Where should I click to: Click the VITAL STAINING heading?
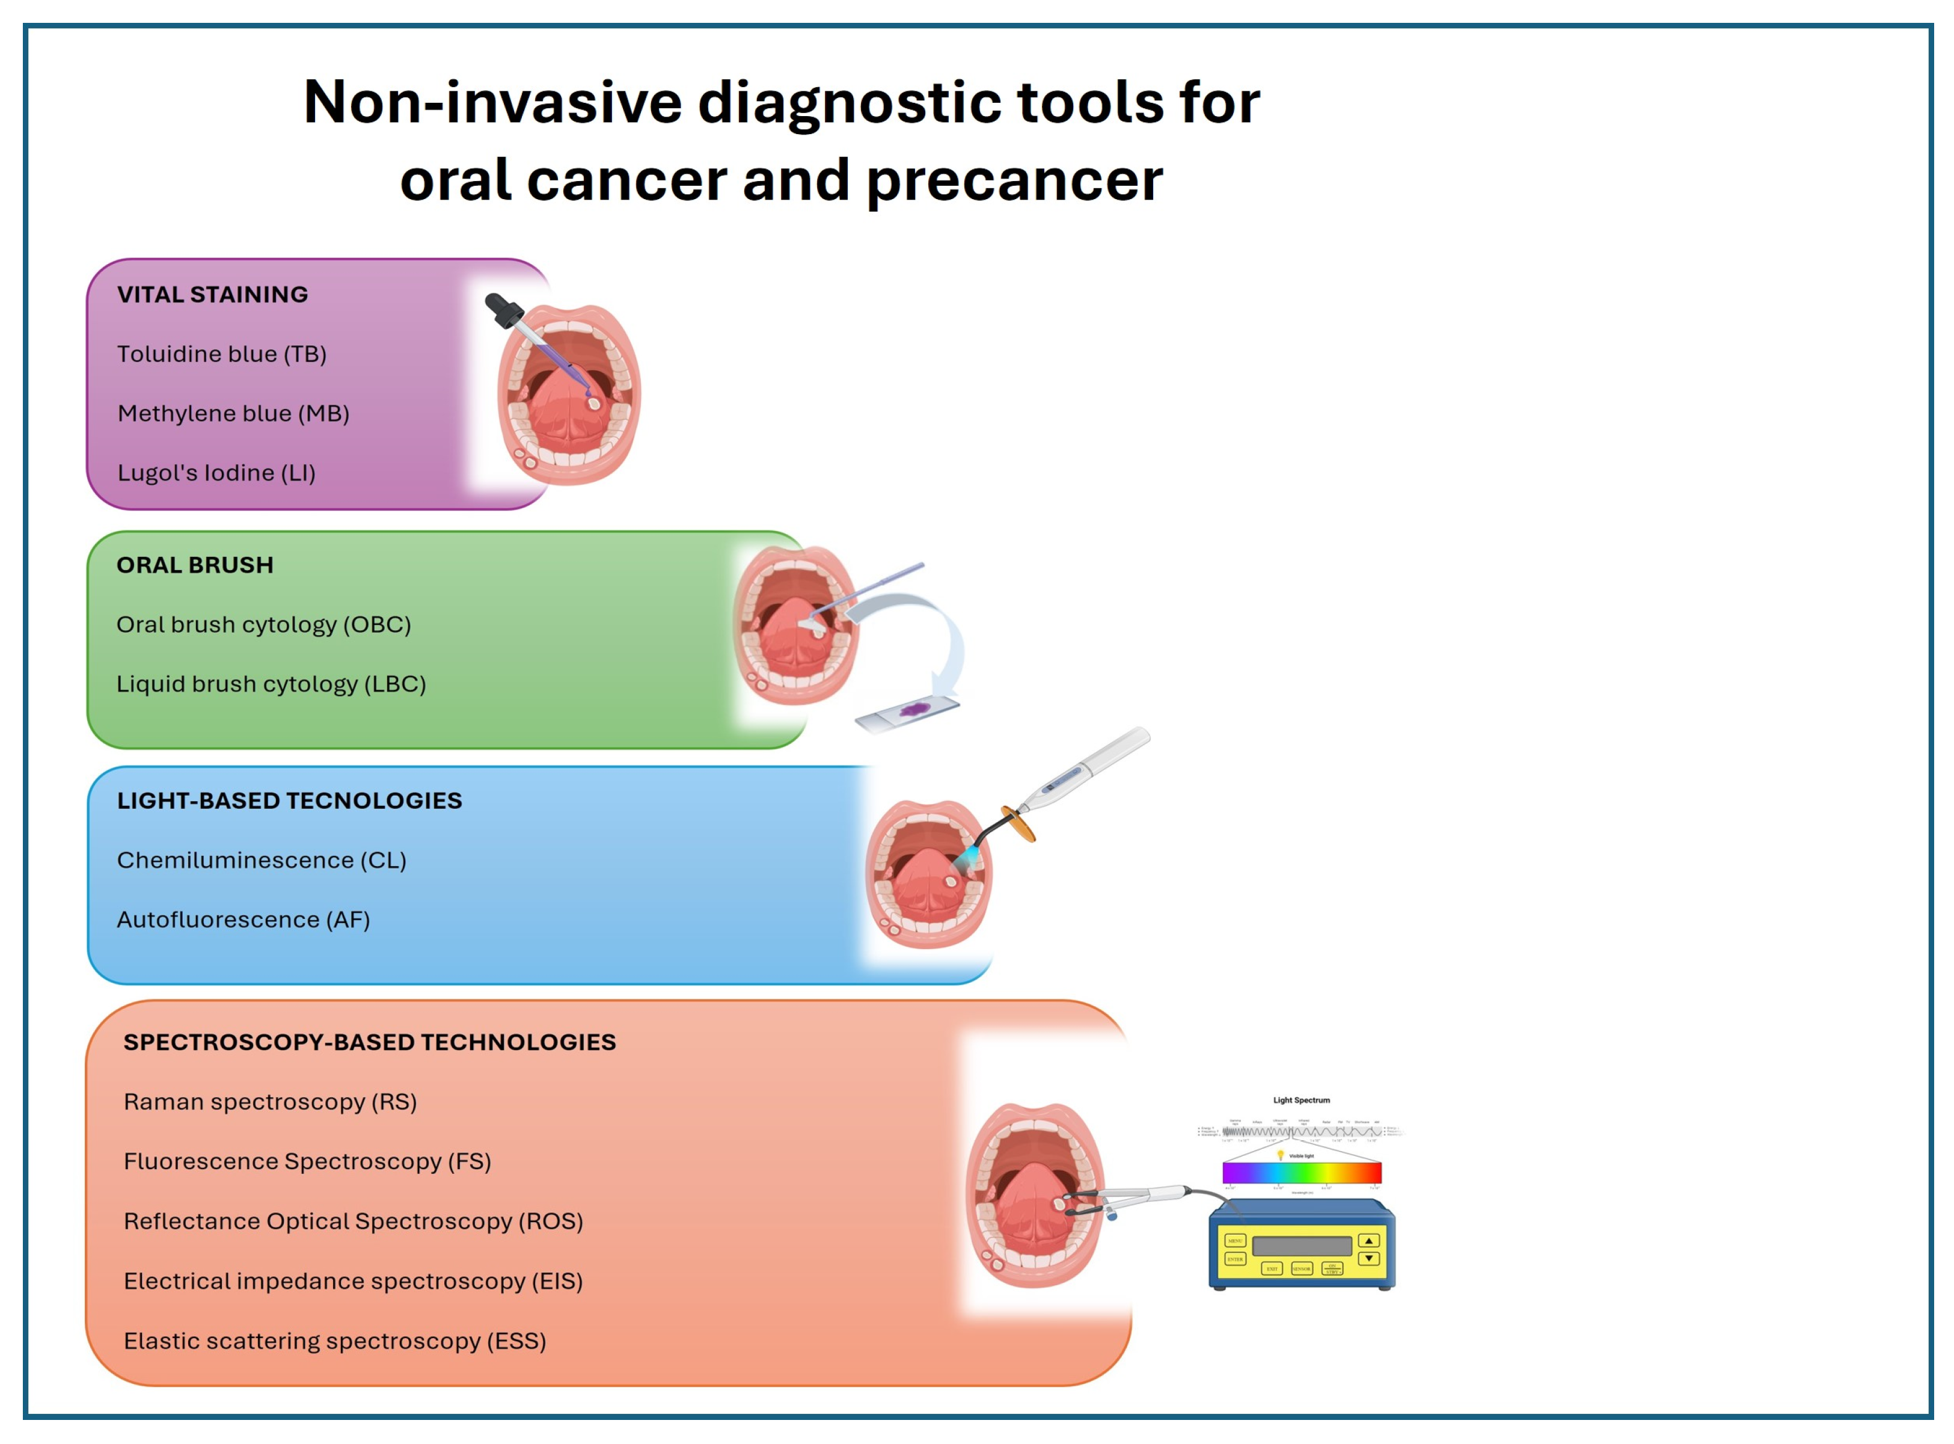tap(212, 295)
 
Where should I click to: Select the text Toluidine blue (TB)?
tap(222, 354)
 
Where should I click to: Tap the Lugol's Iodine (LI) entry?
tap(216, 473)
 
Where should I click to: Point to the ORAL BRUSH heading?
tap(195, 565)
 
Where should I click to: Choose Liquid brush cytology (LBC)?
tap(271, 684)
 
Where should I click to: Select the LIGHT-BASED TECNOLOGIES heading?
tap(289, 800)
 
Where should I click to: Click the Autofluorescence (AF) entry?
tap(243, 920)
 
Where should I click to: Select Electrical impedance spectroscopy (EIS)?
tap(353, 1282)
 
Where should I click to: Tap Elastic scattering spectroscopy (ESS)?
tap(335, 1342)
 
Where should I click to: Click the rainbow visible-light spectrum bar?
tap(1301, 1173)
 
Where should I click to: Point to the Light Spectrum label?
tap(1301, 1101)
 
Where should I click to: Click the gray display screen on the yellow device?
tap(1301, 1246)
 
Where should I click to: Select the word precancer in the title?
tap(1014, 181)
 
